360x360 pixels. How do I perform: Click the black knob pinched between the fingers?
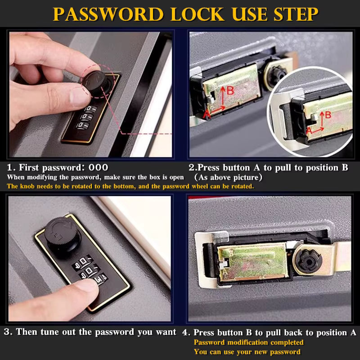95,82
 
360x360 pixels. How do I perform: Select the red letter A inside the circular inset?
309,130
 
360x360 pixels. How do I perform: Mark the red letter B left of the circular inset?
230,90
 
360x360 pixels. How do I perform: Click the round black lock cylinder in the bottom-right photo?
307,258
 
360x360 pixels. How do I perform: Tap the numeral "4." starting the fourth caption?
186,333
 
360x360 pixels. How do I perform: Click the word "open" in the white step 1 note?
175,177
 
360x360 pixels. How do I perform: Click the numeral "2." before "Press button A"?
192,168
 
